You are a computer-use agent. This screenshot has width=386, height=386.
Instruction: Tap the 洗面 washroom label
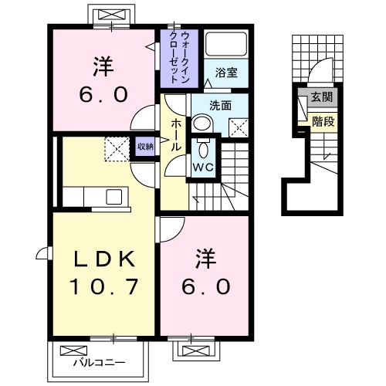click(220, 105)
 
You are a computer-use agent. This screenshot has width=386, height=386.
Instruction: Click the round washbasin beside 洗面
click(202, 124)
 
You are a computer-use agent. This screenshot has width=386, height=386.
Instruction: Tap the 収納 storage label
click(145, 145)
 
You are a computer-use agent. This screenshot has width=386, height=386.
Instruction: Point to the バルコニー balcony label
click(96, 361)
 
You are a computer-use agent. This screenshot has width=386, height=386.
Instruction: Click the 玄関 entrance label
click(322, 97)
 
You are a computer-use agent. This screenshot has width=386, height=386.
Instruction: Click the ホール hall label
click(175, 134)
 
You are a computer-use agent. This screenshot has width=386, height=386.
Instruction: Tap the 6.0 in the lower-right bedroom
click(205, 286)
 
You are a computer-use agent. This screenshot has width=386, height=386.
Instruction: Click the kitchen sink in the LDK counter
click(113, 196)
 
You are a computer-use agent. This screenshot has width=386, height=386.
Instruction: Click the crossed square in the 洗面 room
click(238, 128)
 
